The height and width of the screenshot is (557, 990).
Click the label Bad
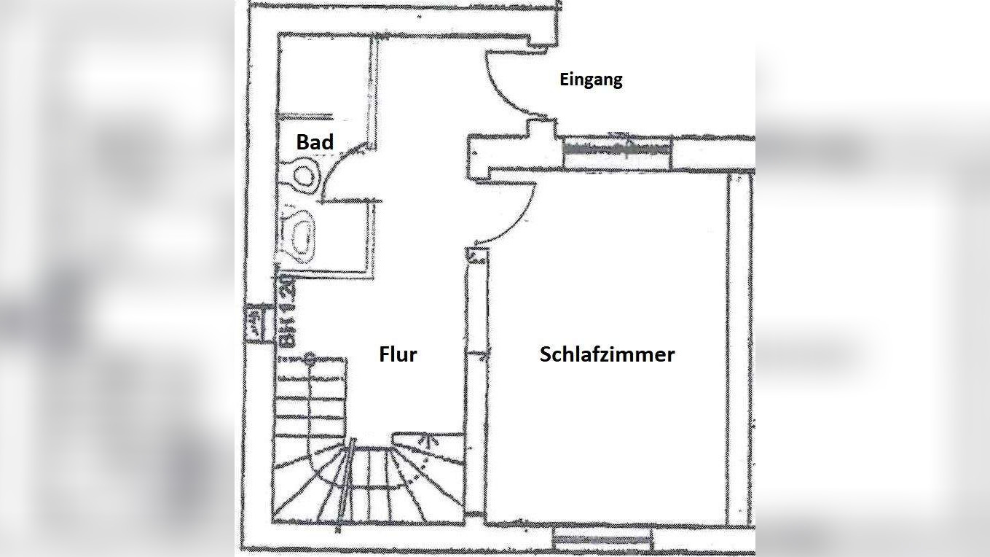[315, 141]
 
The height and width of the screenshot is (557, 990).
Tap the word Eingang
[591, 79]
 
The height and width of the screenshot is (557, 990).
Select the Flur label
[398, 354]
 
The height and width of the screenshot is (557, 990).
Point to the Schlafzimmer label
[607, 354]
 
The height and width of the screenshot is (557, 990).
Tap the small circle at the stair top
[310, 357]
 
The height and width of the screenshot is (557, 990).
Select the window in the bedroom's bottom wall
[602, 539]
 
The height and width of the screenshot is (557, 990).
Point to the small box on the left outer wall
[254, 322]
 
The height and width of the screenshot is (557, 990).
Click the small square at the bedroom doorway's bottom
[476, 256]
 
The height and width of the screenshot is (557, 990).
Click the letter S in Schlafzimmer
[546, 354]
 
